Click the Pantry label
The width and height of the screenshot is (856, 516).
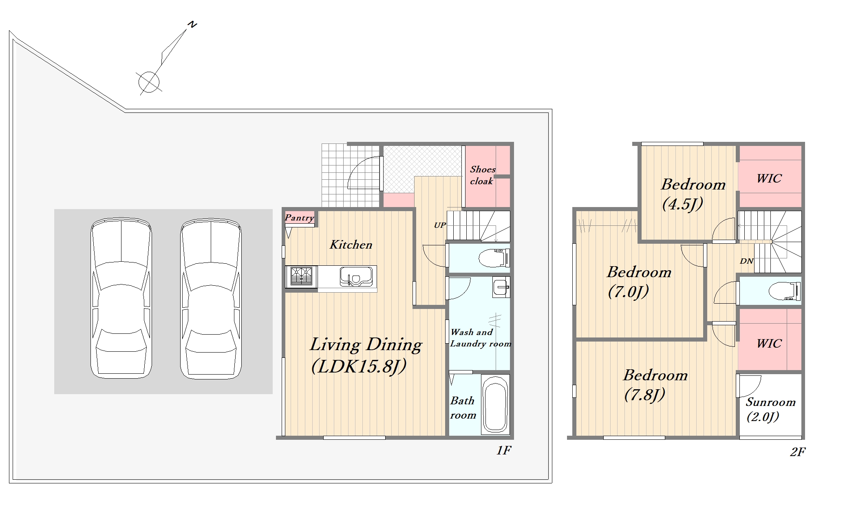click(300, 218)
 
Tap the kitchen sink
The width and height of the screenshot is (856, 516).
click(356, 277)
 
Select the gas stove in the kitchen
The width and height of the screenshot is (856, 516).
click(302, 276)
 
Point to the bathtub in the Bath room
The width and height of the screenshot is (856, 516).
click(495, 404)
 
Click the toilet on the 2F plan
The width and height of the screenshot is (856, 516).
click(784, 291)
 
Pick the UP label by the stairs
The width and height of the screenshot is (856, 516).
click(440, 225)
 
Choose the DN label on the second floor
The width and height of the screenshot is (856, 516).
click(747, 261)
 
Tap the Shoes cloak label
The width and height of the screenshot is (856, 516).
click(483, 175)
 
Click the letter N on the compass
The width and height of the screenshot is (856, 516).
click(192, 24)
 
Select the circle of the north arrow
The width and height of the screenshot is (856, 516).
click(148, 82)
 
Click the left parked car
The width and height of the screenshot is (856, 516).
click(121, 298)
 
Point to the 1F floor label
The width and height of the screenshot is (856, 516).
click(504, 450)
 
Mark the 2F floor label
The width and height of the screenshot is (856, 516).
click(798, 452)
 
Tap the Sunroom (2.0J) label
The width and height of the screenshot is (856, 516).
click(770, 409)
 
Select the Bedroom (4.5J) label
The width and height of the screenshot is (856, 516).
click(693, 194)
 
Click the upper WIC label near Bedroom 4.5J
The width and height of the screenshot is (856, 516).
click(769, 179)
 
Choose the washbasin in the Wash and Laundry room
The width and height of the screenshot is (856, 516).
click(501, 287)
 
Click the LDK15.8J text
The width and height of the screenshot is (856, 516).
click(359, 366)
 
